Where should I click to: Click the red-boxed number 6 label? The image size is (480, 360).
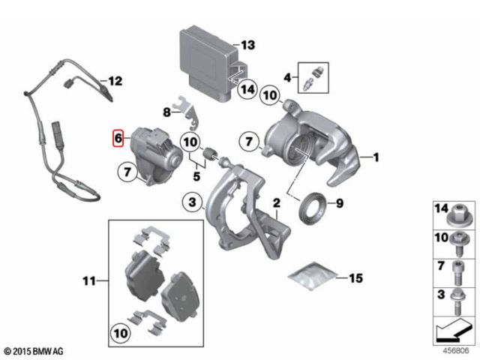(x=117, y=138)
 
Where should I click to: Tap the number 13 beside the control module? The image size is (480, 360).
(x=247, y=44)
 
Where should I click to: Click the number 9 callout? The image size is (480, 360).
(x=338, y=202)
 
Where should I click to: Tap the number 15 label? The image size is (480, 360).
(x=355, y=278)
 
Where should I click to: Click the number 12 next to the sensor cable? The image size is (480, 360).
(x=114, y=80)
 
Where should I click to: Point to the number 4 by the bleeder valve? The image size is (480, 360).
(x=287, y=76)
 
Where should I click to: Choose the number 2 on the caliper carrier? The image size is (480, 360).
(x=276, y=203)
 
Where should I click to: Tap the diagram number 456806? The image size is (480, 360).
(x=454, y=350)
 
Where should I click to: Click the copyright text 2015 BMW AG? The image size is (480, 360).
(x=35, y=350)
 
